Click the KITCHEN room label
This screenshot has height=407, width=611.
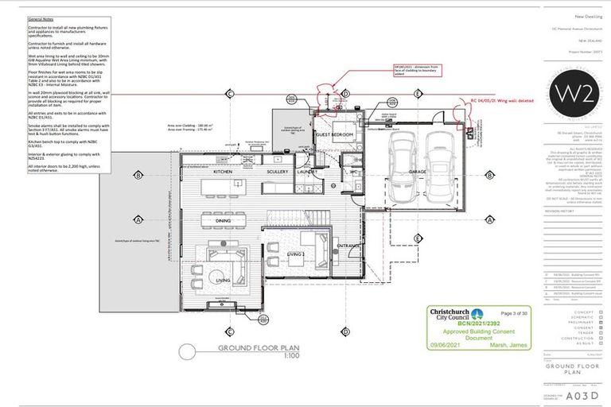click(x=223, y=171)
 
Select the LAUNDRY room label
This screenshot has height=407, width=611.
click(x=308, y=171)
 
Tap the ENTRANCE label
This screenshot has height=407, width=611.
click(x=348, y=246)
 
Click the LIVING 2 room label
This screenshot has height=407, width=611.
click(x=297, y=254)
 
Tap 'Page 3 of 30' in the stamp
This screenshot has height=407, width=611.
click(x=517, y=315)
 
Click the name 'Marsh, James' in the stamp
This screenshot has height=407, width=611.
click(x=516, y=343)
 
